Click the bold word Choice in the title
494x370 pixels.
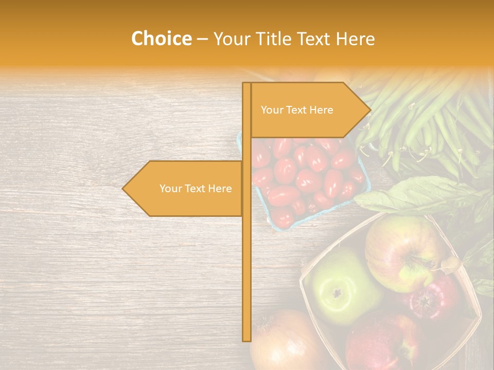(161, 39)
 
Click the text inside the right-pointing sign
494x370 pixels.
(297, 110)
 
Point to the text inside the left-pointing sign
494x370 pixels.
(196, 189)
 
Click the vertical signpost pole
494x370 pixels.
(247, 257)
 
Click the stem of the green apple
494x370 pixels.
(338, 293)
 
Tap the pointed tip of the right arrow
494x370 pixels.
(369, 110)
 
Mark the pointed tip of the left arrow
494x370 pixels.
(123, 189)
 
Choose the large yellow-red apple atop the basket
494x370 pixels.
(401, 252)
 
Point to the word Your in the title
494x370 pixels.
(230, 39)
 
